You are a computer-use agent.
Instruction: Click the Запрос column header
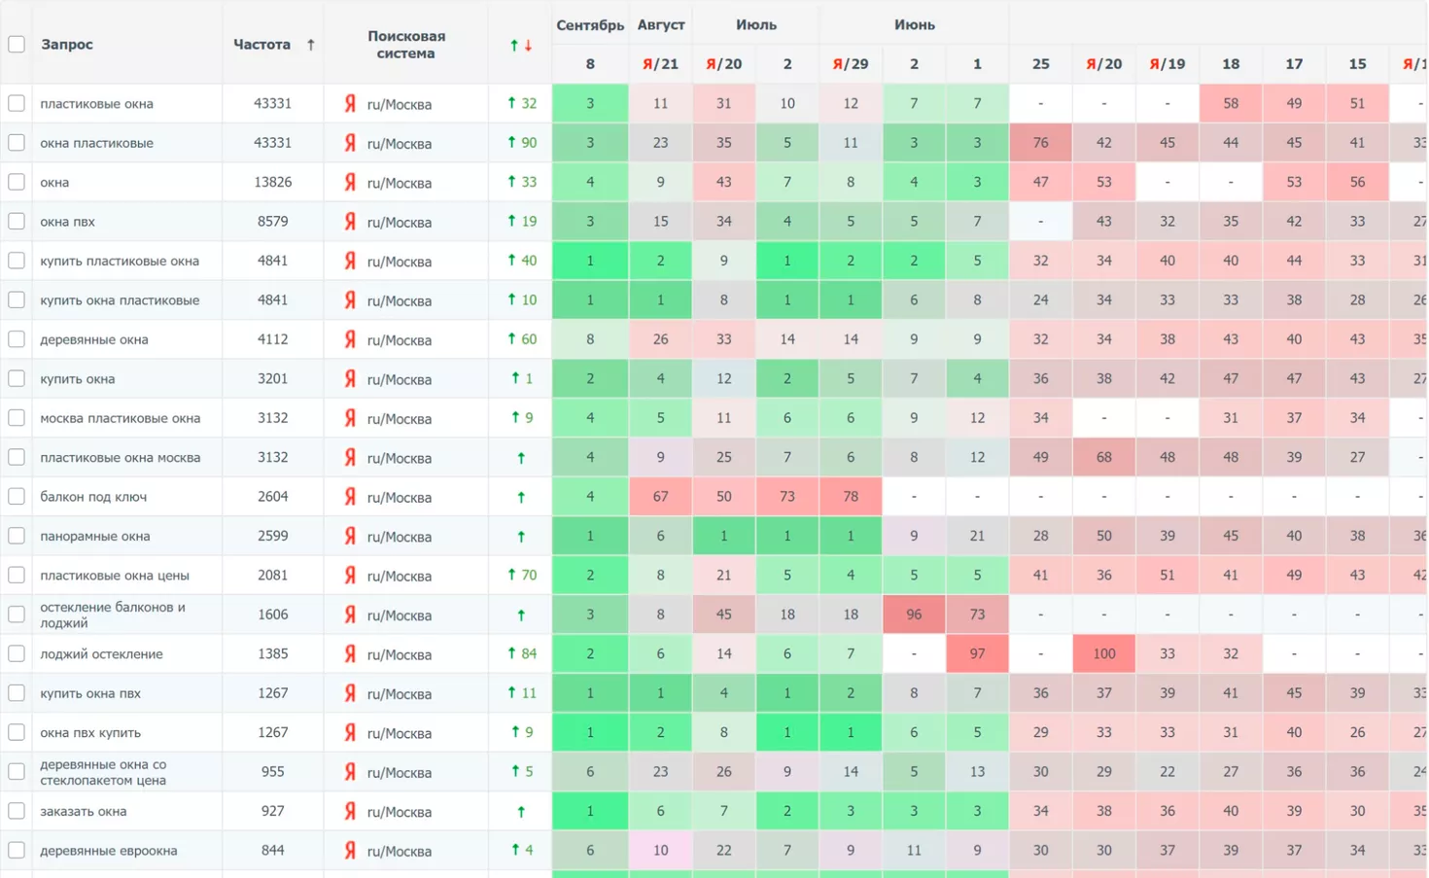(x=67, y=45)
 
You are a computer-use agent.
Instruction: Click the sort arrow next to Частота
(x=310, y=45)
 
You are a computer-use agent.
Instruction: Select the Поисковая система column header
(x=405, y=45)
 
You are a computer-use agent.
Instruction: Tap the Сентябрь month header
(x=589, y=25)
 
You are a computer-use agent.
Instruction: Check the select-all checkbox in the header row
(x=17, y=44)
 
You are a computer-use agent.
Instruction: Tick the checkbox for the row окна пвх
(x=17, y=222)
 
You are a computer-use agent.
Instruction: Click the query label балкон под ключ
(x=93, y=497)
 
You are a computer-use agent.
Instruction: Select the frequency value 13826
(x=272, y=182)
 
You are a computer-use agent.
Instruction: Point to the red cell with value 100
(x=1103, y=654)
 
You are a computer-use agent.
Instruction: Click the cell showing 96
(x=913, y=615)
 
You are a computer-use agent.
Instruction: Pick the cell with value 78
(x=850, y=497)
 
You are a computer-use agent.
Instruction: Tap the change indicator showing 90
(x=522, y=143)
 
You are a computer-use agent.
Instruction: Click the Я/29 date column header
(x=850, y=64)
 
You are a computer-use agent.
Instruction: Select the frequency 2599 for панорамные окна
(x=272, y=536)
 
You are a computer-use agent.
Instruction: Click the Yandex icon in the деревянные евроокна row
(x=350, y=851)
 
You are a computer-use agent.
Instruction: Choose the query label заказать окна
(x=83, y=811)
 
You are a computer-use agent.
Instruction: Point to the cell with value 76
(x=1040, y=143)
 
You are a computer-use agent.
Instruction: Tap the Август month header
(x=660, y=25)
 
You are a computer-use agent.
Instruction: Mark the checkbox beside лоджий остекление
(x=17, y=654)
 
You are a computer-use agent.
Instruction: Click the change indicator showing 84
(x=522, y=654)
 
